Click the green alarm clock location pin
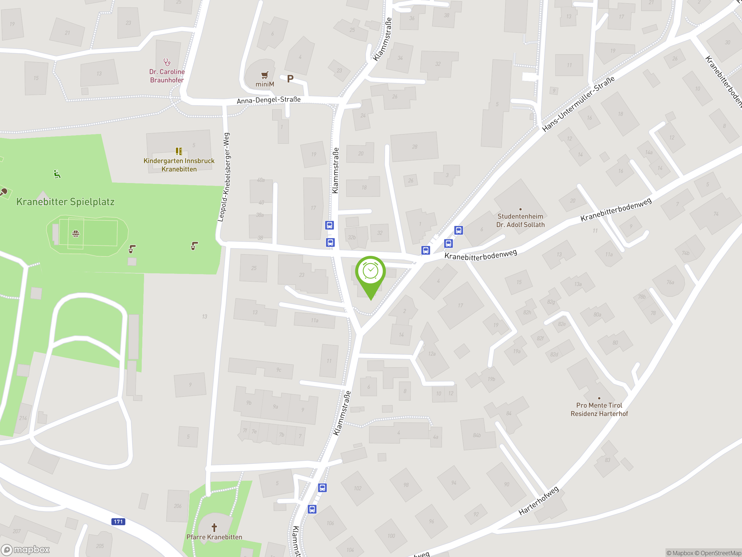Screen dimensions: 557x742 pos(371,272)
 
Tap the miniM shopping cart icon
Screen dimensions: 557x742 pos(265,75)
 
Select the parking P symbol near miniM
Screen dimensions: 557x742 pos(290,79)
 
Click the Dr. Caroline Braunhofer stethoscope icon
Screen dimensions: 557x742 pos(167,62)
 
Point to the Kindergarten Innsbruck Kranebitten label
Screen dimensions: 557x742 pos(179,165)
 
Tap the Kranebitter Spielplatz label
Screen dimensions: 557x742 pos(66,202)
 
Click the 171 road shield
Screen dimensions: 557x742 pos(118,521)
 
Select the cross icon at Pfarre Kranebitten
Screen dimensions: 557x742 pos(214,527)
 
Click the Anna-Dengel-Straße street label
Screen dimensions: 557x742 pos(269,100)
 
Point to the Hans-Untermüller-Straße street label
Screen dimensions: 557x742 pos(578,104)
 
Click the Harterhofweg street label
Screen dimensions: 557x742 pos(539,500)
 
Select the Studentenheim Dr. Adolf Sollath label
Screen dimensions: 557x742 pos(520,220)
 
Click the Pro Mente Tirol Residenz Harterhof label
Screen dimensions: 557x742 pos(599,409)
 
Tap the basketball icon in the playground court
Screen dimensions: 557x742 pos(76,234)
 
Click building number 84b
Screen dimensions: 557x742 pos(477,435)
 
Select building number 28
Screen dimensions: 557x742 pos(414,147)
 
